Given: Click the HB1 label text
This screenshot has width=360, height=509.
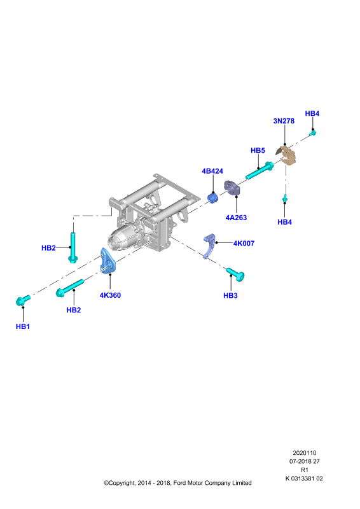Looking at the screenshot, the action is click(23, 326).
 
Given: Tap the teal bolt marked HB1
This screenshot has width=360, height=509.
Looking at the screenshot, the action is click(23, 300).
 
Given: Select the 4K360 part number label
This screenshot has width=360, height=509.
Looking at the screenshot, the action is click(110, 295).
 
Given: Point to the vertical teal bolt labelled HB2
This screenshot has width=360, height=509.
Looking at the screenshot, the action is click(73, 248).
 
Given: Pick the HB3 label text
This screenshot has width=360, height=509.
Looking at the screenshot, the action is click(230, 295).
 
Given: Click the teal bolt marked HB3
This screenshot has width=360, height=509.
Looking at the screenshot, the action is click(235, 274).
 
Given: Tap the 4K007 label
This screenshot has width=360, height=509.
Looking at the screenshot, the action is click(244, 243).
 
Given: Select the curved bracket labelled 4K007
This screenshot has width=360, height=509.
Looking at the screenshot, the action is click(209, 246).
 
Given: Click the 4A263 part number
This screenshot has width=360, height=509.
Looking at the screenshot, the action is click(237, 218).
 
